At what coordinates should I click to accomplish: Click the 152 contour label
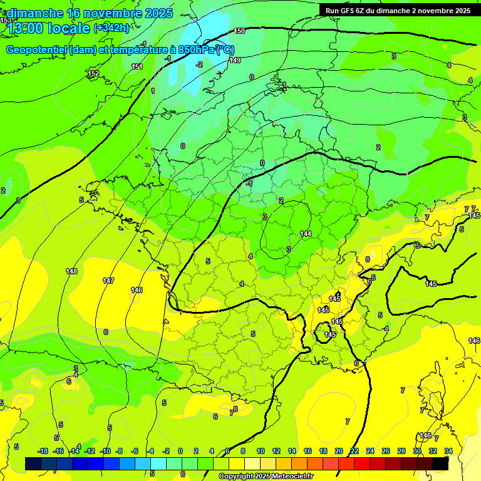click(x=93, y=74)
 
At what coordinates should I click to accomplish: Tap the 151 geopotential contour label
click(x=137, y=66)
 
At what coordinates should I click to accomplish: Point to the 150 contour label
click(x=239, y=31)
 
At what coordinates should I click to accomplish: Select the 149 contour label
click(x=235, y=60)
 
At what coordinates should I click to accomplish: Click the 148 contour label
click(x=71, y=271)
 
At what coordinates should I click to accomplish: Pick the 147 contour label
click(x=108, y=281)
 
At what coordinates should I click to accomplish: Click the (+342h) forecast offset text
click(x=111, y=28)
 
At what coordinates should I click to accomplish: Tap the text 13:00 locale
click(x=48, y=28)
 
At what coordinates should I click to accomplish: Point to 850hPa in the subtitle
click(x=196, y=50)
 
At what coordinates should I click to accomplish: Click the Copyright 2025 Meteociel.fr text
click(x=266, y=477)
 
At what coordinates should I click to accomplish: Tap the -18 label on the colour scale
click(x=43, y=451)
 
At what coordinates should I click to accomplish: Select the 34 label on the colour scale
click(x=448, y=451)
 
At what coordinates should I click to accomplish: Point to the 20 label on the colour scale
click(x=338, y=451)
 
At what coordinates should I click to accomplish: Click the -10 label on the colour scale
click(x=105, y=451)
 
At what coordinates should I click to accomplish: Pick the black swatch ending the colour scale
click(x=440, y=463)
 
